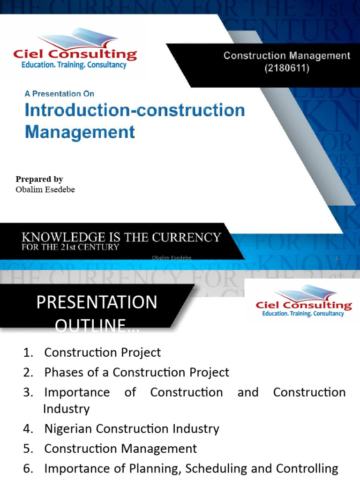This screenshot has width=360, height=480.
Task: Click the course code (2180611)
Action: [x=287, y=68]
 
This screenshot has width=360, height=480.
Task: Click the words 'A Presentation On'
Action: [x=60, y=94]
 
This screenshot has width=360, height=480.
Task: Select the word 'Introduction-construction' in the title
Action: [x=135, y=111]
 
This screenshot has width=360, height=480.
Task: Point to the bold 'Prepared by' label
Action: [x=39, y=179]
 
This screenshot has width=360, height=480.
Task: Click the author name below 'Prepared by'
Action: [x=45, y=189]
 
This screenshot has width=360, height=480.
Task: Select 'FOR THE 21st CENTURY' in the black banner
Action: [x=70, y=247]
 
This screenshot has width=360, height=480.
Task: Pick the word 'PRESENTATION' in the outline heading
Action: [x=97, y=302]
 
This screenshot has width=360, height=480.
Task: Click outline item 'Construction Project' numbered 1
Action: [x=102, y=352]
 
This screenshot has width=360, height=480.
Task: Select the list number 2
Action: [x=28, y=373]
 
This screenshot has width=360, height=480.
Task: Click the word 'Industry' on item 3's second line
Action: [x=66, y=409]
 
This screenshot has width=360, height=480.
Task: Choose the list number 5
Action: [x=28, y=449]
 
